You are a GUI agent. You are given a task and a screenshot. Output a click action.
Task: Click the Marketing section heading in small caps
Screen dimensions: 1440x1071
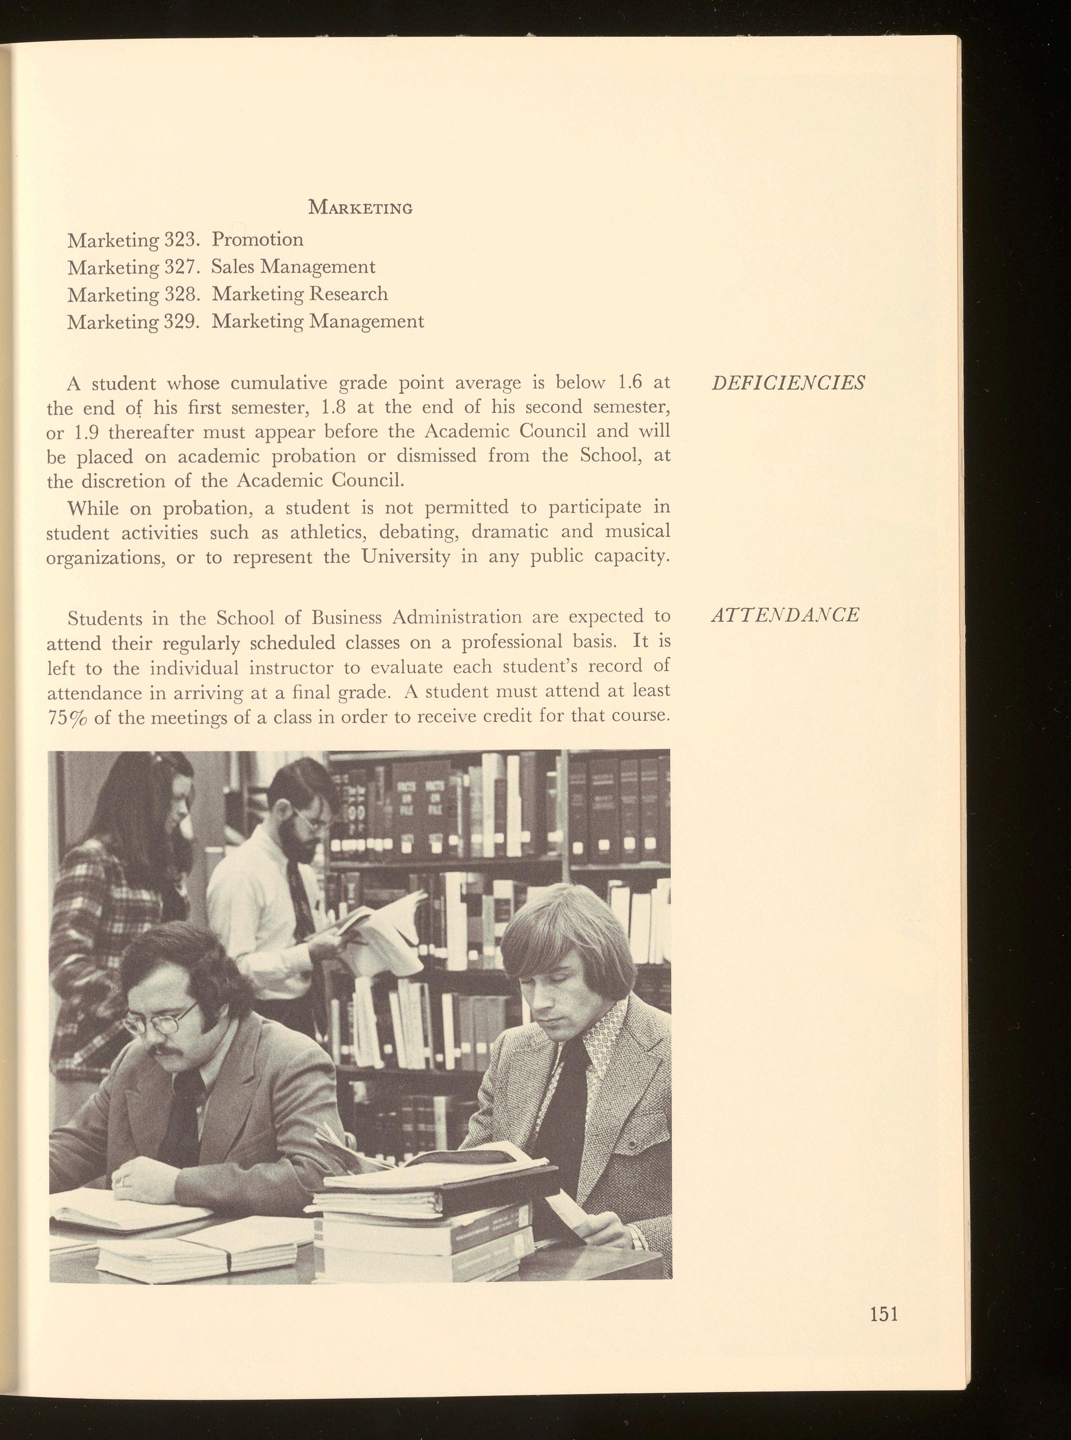[x=360, y=208]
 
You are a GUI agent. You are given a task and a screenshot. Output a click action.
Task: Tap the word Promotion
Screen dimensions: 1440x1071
[x=257, y=240]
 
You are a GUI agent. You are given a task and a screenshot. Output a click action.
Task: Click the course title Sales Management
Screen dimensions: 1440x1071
[x=294, y=267]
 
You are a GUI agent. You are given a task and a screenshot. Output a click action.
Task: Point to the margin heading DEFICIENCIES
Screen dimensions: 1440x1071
[x=787, y=383]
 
